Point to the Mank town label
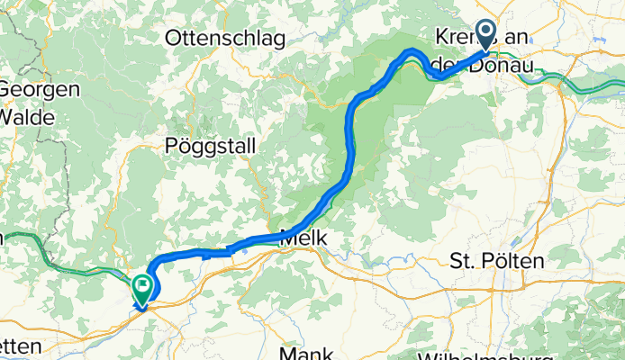pos(307,353)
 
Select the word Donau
pos(502,65)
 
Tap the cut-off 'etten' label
pos(20,346)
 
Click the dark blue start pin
pos(485,35)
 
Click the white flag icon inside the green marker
pos(142,287)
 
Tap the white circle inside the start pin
pos(485,31)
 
